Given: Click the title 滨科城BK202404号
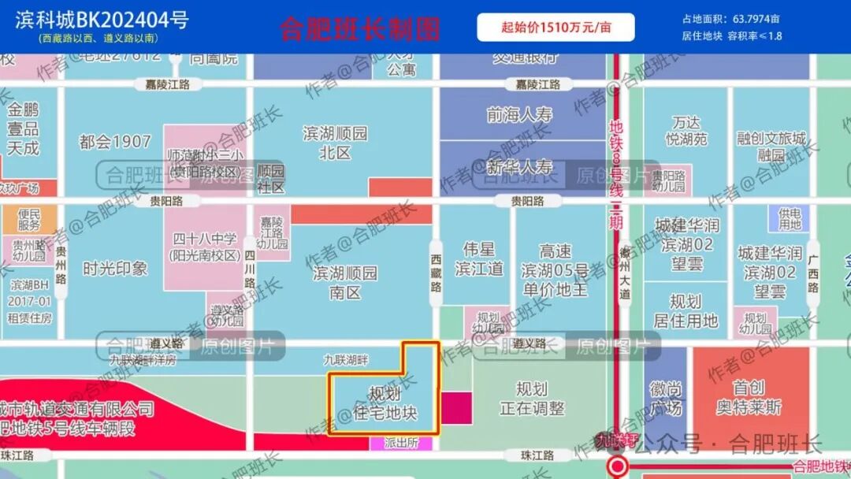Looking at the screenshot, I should [x=102, y=20].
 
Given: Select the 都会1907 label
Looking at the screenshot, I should [x=115, y=142].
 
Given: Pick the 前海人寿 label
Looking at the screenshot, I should [x=519, y=115].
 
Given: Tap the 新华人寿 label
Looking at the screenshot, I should [x=519, y=167].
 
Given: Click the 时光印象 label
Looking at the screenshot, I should [x=115, y=269].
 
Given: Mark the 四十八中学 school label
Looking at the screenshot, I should [x=205, y=247].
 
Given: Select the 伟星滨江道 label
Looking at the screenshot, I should [x=478, y=259].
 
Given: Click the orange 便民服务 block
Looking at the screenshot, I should [x=29, y=219].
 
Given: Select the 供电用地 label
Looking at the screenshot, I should [x=790, y=219].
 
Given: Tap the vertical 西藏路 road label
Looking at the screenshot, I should [x=436, y=273].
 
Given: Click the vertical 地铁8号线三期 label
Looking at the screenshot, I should [x=616, y=174].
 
